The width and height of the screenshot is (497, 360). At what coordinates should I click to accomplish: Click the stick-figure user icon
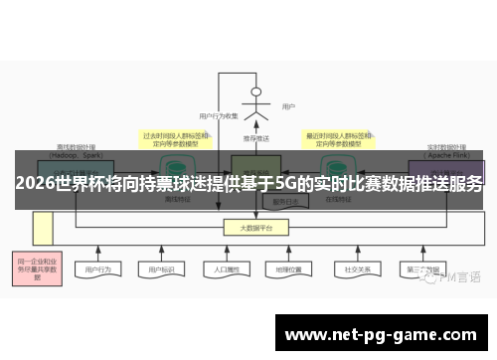pos(256,104)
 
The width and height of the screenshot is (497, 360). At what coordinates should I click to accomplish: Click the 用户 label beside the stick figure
pos(288,106)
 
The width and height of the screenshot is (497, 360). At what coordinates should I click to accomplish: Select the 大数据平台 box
pos(256,228)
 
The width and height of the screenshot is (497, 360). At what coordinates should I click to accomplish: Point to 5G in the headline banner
pos(286,184)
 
